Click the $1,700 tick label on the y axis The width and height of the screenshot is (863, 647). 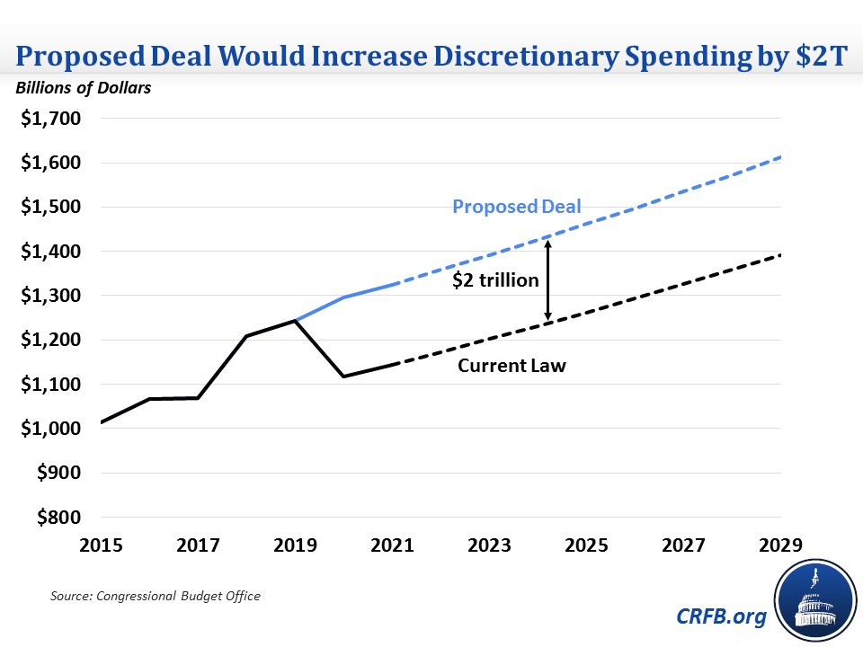[50, 119]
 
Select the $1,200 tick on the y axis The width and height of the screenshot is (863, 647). [50, 340]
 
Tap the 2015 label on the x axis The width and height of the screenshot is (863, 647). [102, 545]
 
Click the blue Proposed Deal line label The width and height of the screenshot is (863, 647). [517, 207]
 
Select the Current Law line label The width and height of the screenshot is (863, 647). [512, 366]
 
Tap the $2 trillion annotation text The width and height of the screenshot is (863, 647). [495, 280]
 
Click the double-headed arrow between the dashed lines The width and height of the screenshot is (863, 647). [547, 279]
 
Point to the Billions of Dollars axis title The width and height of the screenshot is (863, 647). [82, 87]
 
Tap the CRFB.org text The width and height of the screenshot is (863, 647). [722, 617]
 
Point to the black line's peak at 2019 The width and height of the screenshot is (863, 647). [296, 321]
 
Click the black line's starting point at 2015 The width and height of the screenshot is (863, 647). [102, 422]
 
